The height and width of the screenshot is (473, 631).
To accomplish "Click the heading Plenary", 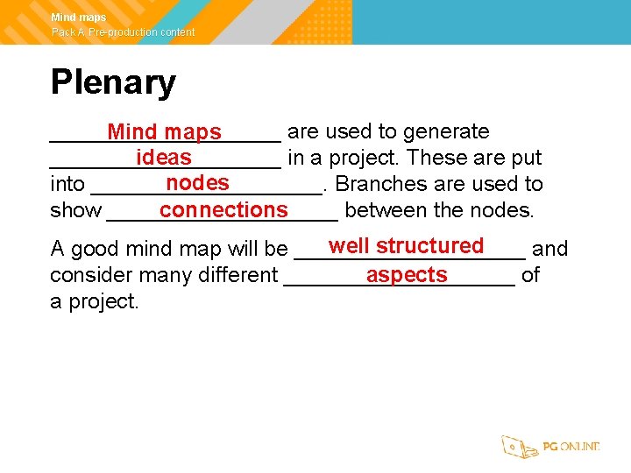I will coord(113,82).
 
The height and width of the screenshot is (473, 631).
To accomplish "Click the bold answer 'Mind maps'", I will coord(165,132).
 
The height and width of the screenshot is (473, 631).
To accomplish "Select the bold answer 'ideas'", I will coord(164,158).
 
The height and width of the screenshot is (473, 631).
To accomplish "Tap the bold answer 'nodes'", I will coord(197,183).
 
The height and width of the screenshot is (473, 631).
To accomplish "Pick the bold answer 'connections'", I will coord(223,210).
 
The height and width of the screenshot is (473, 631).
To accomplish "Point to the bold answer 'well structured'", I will coord(407,246).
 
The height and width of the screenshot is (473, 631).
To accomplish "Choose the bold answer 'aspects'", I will coord(407,274).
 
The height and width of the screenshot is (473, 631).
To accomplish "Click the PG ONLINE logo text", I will coord(571,447).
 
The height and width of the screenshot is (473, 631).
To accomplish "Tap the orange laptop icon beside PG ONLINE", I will coord(519,447).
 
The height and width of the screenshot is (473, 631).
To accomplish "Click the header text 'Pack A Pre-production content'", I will coord(123,32).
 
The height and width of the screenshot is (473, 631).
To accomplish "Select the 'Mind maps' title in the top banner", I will coord(79,18).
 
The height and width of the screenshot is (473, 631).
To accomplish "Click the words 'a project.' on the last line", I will coord(95,301).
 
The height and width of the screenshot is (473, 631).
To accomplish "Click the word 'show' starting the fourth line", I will coord(75,211).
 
